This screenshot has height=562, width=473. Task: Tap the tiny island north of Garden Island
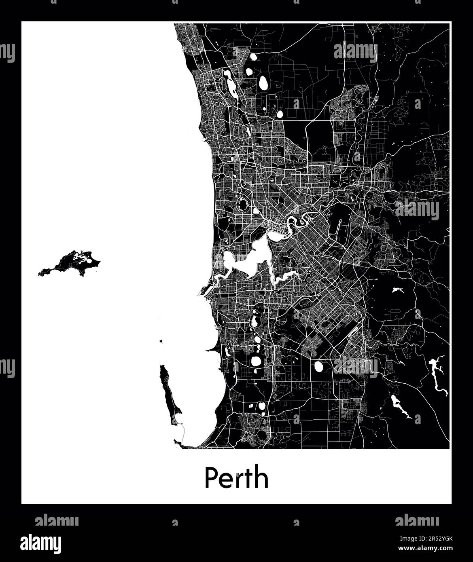[x=161, y=342]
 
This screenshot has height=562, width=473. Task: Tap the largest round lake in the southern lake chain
[x=257, y=361]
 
